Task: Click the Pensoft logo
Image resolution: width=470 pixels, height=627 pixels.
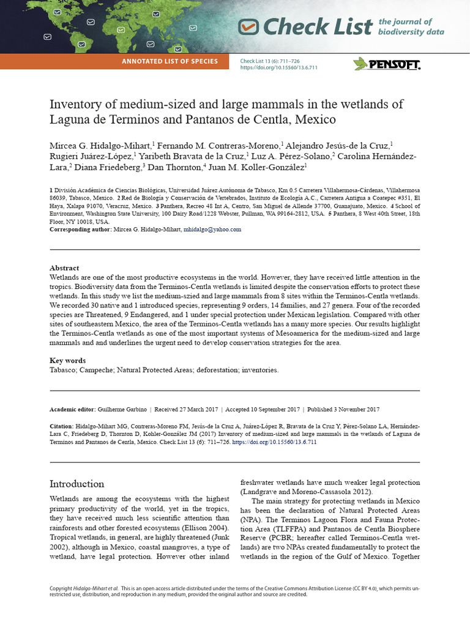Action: point(387,64)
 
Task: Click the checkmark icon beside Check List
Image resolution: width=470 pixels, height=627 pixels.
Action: point(248,26)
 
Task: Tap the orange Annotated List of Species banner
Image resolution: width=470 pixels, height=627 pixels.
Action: point(170,61)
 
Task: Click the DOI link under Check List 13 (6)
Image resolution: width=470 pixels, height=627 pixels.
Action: point(278,68)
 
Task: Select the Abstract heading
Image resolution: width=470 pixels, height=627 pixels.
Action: point(64,268)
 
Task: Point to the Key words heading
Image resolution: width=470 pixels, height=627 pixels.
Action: point(67,361)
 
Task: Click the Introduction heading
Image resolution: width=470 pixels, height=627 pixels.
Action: point(76,484)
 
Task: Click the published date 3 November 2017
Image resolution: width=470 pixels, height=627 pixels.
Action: point(352,410)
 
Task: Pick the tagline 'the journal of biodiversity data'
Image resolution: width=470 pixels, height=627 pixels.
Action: point(411,27)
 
